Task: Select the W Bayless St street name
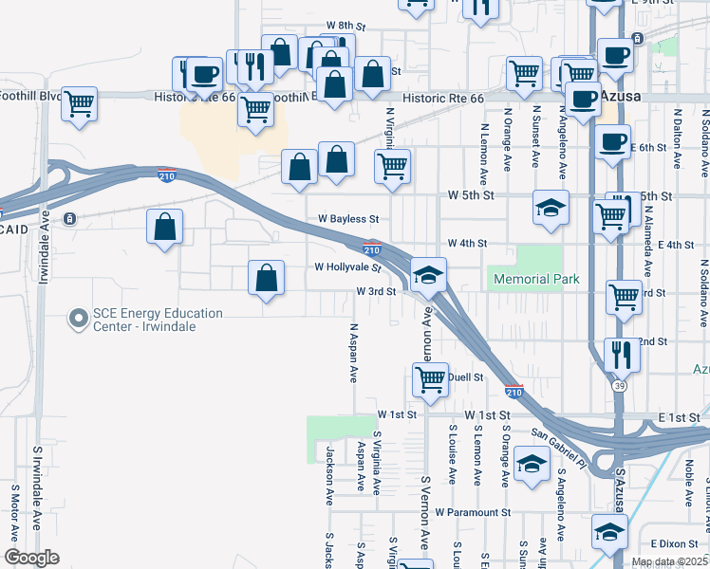[346, 219]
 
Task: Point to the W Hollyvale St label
[347, 267]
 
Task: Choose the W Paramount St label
[473, 512]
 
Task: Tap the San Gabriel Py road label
[559, 446]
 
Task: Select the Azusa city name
[622, 98]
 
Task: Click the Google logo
[31, 558]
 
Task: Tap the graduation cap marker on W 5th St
[550, 208]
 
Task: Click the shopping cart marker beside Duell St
[431, 379]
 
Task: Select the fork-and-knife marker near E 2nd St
[622, 354]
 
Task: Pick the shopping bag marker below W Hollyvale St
[267, 278]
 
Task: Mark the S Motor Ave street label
[14, 512]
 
